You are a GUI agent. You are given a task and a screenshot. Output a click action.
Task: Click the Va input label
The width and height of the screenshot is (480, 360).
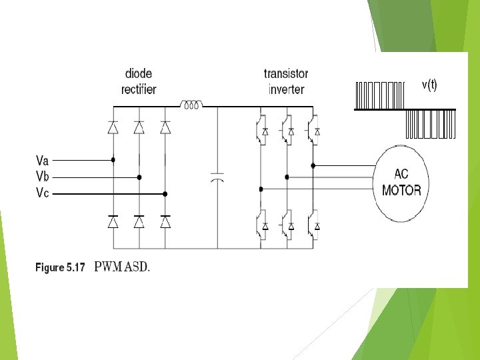(x=42, y=160)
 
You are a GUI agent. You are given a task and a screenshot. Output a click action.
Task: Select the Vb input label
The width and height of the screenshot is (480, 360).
(x=42, y=177)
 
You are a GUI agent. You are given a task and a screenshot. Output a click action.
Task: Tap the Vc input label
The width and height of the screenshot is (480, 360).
(x=42, y=193)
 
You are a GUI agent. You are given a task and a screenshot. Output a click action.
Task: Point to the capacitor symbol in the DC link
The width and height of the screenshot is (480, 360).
(x=217, y=178)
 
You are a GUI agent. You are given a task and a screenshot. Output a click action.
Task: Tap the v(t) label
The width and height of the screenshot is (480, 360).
(x=429, y=85)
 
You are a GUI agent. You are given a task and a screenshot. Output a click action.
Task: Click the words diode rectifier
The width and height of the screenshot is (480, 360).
(x=140, y=81)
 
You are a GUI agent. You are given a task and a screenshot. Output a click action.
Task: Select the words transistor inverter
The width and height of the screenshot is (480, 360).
(x=286, y=81)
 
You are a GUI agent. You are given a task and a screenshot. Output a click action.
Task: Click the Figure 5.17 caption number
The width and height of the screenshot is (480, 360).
(x=60, y=268)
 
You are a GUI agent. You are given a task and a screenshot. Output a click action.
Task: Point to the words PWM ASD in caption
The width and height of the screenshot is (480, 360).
(x=122, y=268)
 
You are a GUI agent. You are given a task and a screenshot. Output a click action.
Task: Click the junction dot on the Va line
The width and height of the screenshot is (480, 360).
(x=113, y=160)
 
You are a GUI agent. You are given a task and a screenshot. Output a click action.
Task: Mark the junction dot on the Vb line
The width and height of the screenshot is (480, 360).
(x=139, y=177)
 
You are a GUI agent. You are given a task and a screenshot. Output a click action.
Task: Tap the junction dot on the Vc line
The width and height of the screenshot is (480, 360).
(x=165, y=193)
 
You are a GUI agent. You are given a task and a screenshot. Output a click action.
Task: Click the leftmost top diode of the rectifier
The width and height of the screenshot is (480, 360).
(x=113, y=127)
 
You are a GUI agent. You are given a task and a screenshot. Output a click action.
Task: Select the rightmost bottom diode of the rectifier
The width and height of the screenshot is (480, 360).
(x=165, y=221)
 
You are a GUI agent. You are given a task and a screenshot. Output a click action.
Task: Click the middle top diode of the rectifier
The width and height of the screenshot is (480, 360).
(x=139, y=127)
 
